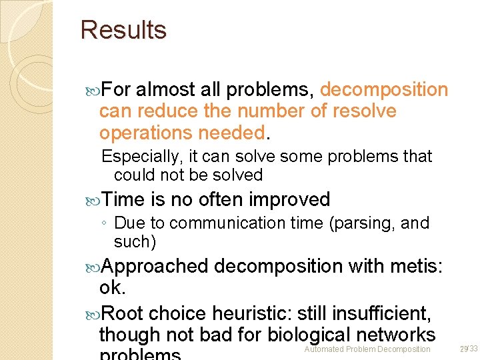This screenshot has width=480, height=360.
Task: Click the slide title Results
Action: click(x=123, y=30)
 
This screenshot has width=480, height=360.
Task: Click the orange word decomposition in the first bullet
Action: click(x=384, y=89)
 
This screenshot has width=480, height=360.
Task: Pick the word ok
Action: click(x=111, y=287)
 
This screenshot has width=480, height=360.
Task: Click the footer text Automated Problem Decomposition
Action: click(x=367, y=349)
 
